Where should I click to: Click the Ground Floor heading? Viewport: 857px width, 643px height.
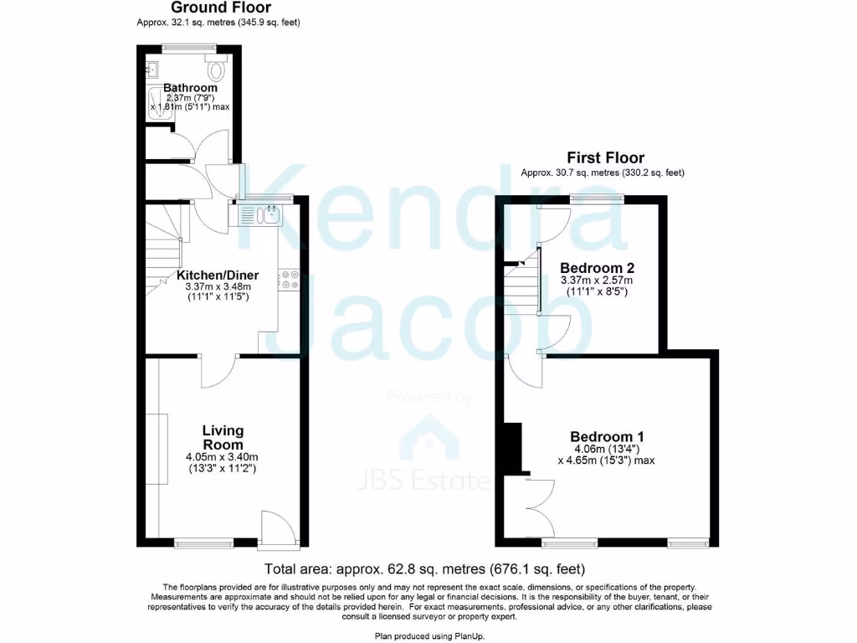pyautogui.click(x=218, y=8)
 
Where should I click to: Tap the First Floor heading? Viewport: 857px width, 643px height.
pyautogui.click(x=605, y=157)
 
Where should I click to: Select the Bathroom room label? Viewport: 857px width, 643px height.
pyautogui.click(x=190, y=87)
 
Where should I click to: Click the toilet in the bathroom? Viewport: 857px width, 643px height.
pyautogui.click(x=218, y=68)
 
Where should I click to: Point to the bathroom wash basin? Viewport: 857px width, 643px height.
pyautogui.click(x=152, y=69)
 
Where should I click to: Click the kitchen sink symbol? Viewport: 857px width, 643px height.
pyautogui.click(x=262, y=216)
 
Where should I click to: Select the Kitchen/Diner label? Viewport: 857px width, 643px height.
pyautogui.click(x=218, y=275)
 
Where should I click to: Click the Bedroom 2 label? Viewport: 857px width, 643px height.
pyautogui.click(x=597, y=268)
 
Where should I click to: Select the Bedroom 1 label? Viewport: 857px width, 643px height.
pyautogui.click(x=607, y=436)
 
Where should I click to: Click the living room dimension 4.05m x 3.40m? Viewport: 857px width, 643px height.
pyautogui.click(x=223, y=457)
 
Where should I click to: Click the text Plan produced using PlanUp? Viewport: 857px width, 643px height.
pyautogui.click(x=428, y=635)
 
